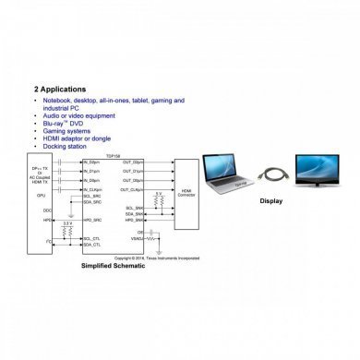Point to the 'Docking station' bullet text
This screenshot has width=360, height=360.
click(66, 145)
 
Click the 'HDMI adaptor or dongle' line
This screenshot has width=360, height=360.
click(78, 138)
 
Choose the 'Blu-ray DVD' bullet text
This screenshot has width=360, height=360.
click(66, 123)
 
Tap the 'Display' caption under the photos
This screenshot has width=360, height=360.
click(270, 201)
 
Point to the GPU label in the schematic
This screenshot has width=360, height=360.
click(42, 196)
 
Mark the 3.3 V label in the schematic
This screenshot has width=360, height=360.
click(66, 223)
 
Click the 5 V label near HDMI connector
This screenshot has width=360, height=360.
click(159, 193)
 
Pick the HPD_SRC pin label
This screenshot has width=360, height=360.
click(91, 221)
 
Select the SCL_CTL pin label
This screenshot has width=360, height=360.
click(91, 238)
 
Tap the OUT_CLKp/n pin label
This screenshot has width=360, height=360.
click(135, 188)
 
